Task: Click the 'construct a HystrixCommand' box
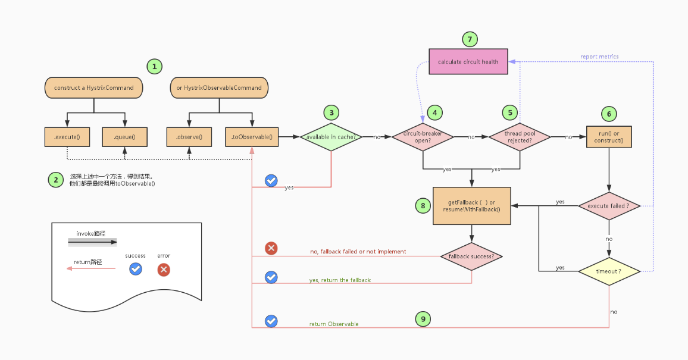coord(94,87)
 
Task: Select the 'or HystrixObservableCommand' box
coord(219,87)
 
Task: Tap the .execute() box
coord(67,137)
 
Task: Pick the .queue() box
coord(124,137)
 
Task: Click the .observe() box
coord(189,137)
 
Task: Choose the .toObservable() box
coord(252,137)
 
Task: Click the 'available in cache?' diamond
coord(331,137)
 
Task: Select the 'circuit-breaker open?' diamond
coord(423,137)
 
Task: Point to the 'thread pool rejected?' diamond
coord(520,137)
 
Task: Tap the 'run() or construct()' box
coord(608,137)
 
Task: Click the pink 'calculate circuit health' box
coord(468,61)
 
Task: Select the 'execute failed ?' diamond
coord(609,206)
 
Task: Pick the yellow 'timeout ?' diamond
coord(609,271)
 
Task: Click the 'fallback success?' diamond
coord(471,256)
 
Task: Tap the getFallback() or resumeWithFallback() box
coord(471,206)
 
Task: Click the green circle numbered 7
coord(470,39)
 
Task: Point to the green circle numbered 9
coord(423,320)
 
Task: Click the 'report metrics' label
coord(599,57)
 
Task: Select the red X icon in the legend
coord(164,270)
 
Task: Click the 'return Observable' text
coord(334,324)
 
